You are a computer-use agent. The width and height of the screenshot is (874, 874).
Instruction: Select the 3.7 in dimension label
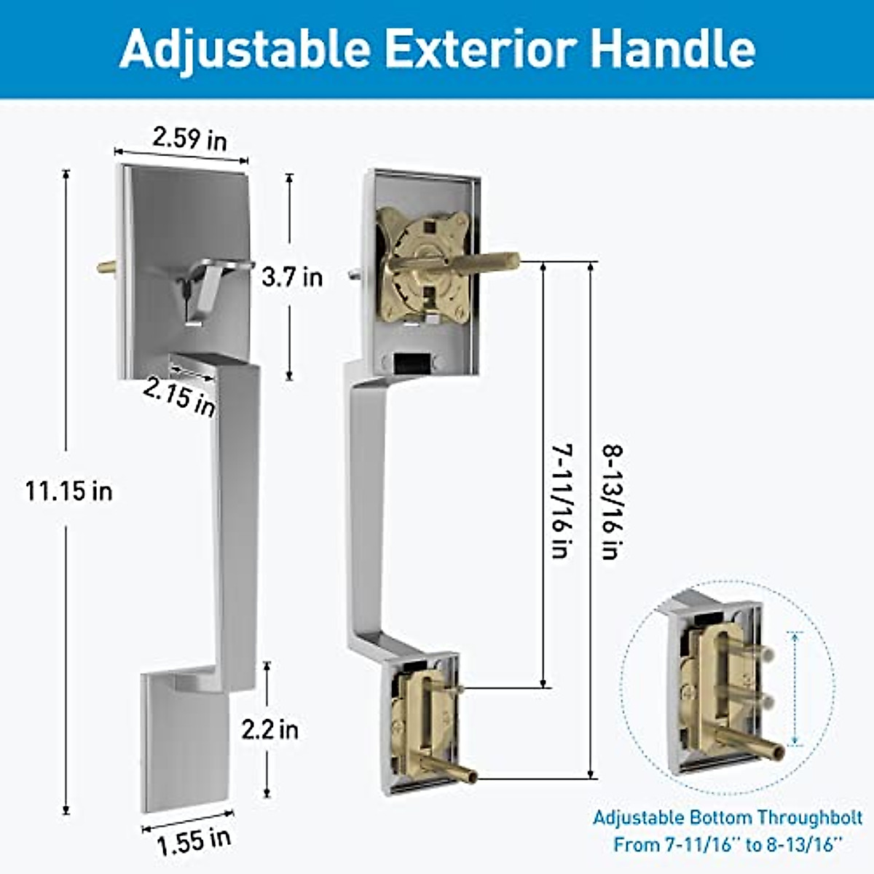pos(292,277)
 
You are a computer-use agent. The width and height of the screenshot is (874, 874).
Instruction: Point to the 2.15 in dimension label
pos(179,397)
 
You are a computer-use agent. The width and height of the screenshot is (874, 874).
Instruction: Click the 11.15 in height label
pos(69,491)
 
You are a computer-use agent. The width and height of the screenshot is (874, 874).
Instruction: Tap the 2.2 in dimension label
pos(270,729)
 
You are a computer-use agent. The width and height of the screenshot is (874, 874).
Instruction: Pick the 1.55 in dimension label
pos(194,841)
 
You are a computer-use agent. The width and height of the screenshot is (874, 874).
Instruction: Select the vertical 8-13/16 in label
pos(611,503)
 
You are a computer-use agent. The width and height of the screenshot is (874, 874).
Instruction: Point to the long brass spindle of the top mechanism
pos(484,261)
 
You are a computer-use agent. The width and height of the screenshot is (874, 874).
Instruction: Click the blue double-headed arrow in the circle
pos(795,688)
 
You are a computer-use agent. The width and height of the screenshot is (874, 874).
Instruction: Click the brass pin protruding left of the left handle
pos(107,267)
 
